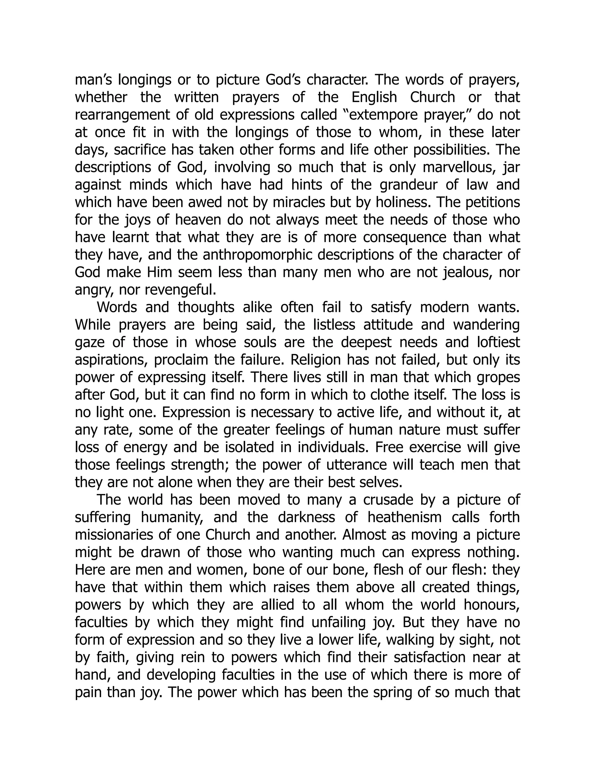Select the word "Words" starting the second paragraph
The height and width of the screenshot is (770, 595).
click(117, 307)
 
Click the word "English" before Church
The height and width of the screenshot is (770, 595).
click(374, 97)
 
